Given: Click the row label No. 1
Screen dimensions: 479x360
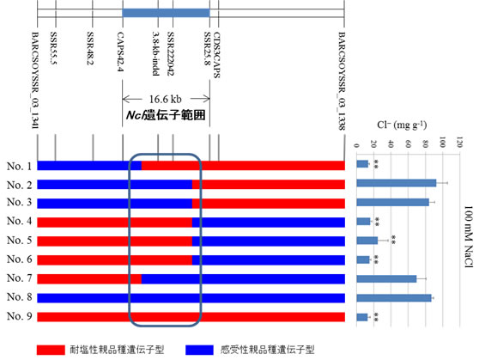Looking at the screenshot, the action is click(x=19, y=166).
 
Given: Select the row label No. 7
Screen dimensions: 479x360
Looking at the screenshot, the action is click(x=19, y=278).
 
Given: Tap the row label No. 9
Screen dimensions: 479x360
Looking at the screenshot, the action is click(x=19, y=316).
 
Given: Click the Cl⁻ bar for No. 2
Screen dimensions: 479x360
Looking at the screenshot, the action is click(x=397, y=183).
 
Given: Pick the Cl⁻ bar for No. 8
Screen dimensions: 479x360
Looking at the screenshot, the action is click(x=394, y=298).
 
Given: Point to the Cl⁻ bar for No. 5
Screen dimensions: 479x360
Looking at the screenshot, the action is click(x=367, y=241).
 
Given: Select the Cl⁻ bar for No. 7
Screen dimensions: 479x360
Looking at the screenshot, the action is click(x=386, y=278).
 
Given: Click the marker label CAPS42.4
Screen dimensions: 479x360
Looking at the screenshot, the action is click(x=120, y=52).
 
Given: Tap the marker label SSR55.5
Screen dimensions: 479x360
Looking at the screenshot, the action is click(x=53, y=48).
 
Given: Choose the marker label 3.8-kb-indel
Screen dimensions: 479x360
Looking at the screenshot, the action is click(x=155, y=53).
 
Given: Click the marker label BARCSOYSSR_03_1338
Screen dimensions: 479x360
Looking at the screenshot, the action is click(x=342, y=81).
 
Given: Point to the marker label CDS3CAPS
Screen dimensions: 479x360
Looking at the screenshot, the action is click(x=216, y=55).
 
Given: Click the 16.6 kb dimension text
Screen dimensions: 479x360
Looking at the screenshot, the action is click(x=166, y=99).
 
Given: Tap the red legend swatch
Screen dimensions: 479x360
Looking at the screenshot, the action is click(x=51, y=350).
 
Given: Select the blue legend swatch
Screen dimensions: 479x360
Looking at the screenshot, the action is click(x=199, y=350).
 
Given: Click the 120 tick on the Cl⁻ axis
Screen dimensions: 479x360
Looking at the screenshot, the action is click(x=459, y=143).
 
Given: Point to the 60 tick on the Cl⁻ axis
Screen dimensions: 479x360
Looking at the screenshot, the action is click(x=408, y=143).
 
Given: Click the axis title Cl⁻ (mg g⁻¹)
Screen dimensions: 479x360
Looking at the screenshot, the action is click(x=402, y=125).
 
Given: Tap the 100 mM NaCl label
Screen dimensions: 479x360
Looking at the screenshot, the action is click(x=469, y=237).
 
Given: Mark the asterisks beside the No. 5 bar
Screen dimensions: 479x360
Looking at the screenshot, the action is click(x=393, y=240).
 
